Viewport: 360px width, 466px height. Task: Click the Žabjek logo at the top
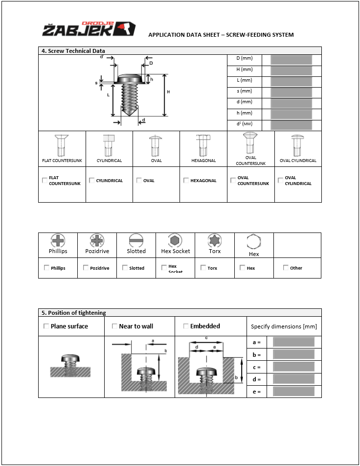click(x=89, y=29)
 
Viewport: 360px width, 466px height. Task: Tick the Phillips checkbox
click(x=46, y=268)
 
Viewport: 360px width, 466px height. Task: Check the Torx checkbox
click(x=203, y=268)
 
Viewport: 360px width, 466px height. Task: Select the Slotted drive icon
click(x=136, y=240)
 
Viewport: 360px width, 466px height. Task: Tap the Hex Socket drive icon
click(x=175, y=240)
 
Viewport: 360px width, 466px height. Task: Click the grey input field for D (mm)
click(x=292, y=60)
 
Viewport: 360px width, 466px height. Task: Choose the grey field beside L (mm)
click(x=292, y=82)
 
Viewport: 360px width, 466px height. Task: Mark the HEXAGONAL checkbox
click(x=186, y=181)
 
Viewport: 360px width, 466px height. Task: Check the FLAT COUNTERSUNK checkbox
click(x=45, y=181)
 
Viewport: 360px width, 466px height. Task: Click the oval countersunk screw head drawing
click(x=250, y=143)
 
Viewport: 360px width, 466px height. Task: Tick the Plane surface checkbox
click(x=46, y=326)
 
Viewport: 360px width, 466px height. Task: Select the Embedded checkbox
click(x=186, y=326)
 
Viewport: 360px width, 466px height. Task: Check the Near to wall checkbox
click(x=114, y=326)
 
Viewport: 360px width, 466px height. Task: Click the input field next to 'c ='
click(x=293, y=367)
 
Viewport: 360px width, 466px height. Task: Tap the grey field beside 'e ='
click(x=293, y=391)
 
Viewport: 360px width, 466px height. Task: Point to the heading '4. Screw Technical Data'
click(x=72, y=51)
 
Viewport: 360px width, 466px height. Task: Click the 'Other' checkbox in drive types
click(x=286, y=268)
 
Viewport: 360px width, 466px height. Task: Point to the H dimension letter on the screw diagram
click(x=168, y=92)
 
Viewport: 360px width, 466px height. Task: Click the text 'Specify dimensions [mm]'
click(x=284, y=326)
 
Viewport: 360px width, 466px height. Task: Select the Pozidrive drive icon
click(x=97, y=240)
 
